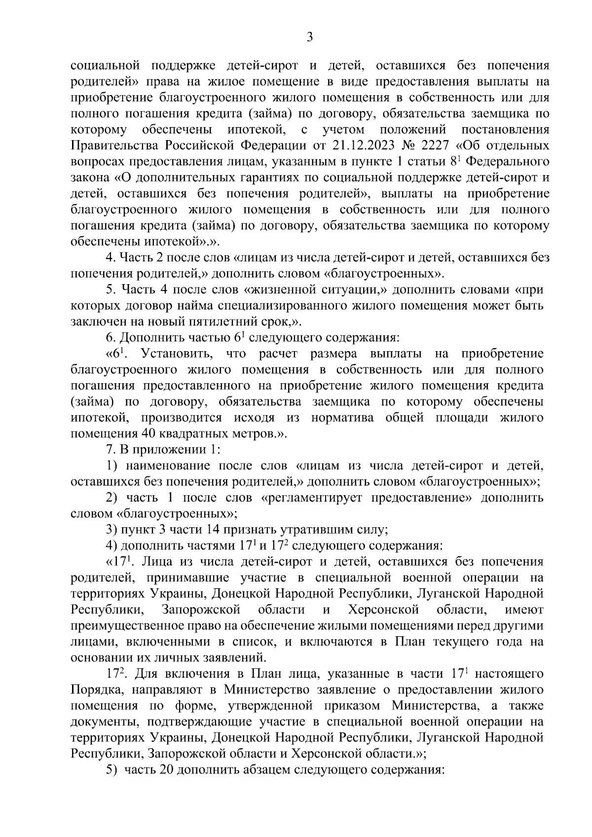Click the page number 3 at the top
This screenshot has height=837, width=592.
point(310,37)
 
